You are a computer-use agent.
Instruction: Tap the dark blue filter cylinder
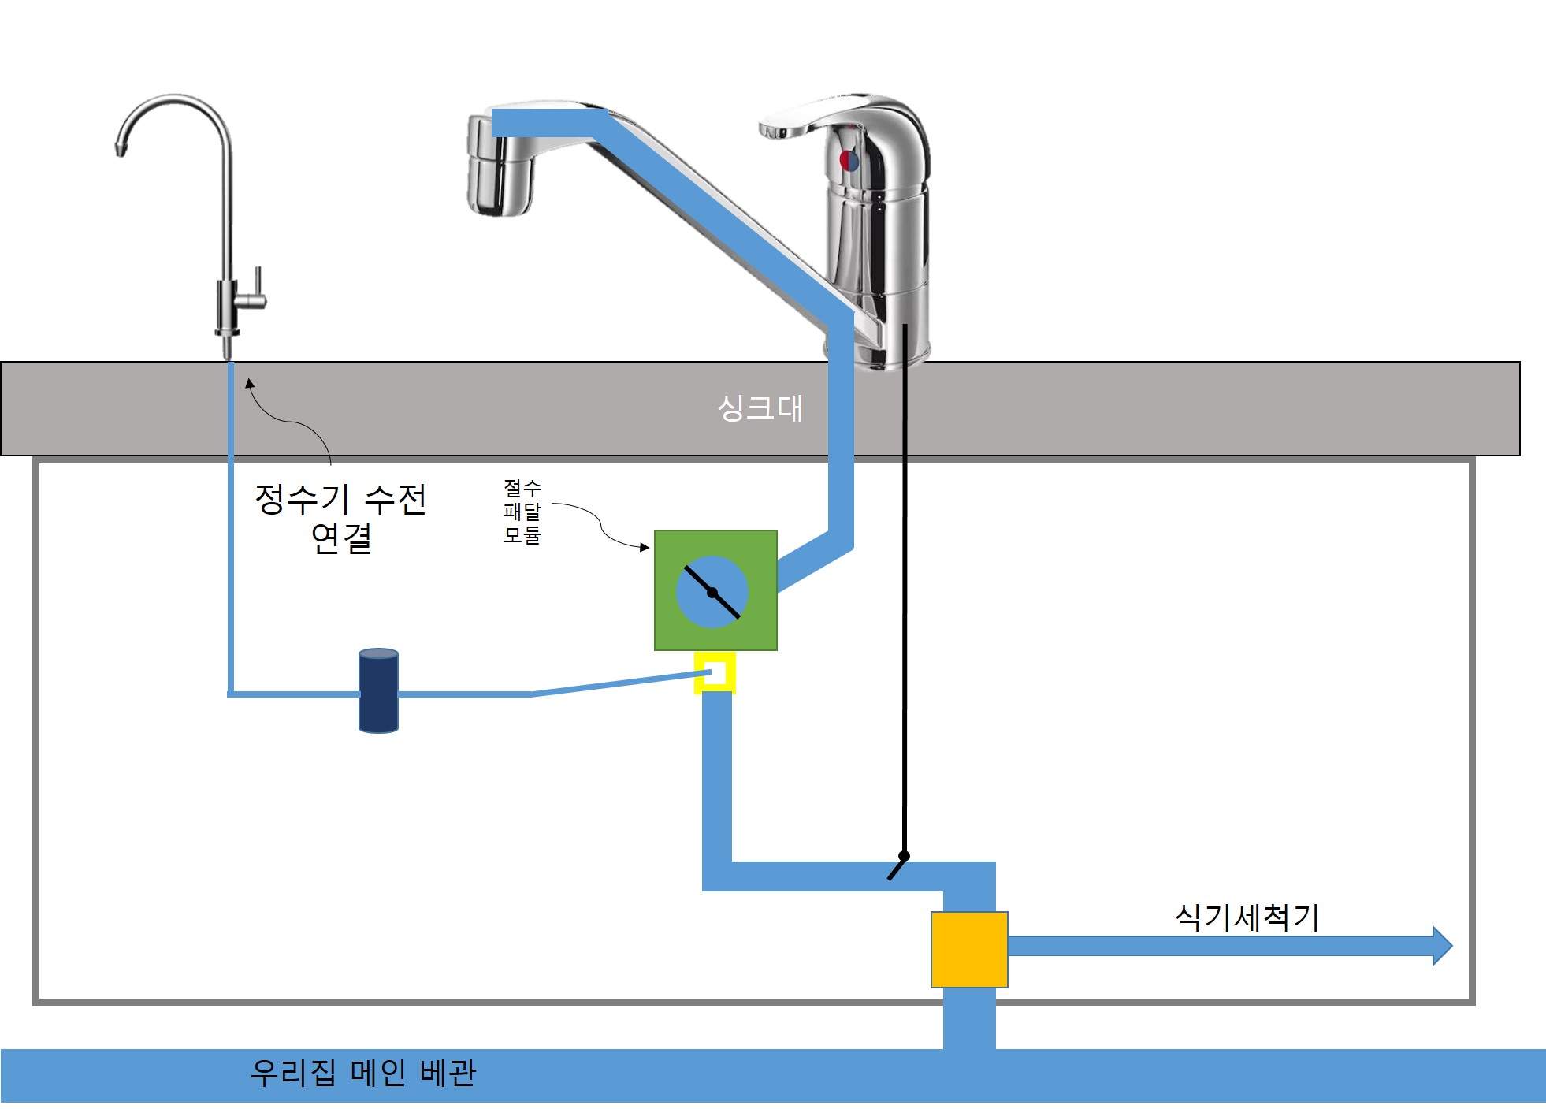pos(378,691)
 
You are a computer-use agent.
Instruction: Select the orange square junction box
pos(969,949)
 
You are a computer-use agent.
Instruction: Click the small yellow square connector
pos(715,672)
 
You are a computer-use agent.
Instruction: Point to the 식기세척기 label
pos(1247,917)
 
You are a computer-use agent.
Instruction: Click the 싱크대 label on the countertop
pos(760,408)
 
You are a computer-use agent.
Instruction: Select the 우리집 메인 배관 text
pos(363,1073)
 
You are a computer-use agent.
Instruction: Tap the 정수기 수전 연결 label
pos(340,519)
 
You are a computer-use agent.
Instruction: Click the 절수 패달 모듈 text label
pos(522,512)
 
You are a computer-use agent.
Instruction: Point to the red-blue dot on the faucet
pos(849,161)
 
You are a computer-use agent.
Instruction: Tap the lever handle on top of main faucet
pos(819,118)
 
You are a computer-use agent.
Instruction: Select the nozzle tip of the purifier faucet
pos(121,147)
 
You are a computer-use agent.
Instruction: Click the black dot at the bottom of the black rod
pos(904,856)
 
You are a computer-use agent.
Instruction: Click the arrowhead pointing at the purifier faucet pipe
pos(249,384)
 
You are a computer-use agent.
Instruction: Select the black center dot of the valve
pos(712,593)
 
